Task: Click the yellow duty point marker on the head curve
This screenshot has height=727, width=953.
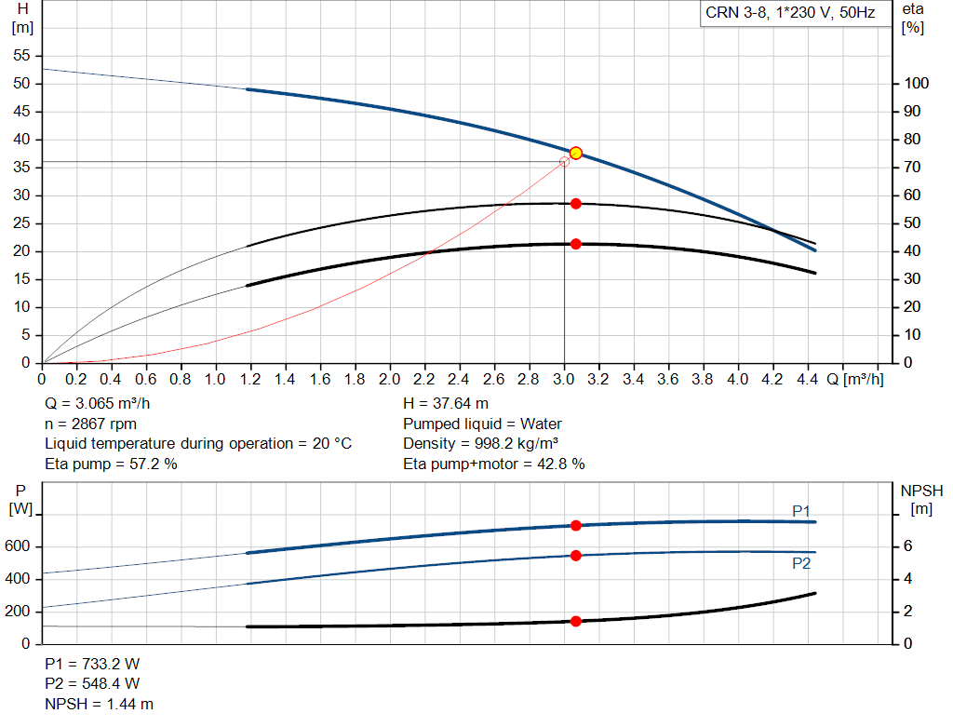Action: (575, 153)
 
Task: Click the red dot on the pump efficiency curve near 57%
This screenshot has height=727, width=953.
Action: (576, 203)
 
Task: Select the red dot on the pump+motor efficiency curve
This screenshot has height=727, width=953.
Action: (576, 244)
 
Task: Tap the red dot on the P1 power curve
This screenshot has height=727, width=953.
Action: (576, 525)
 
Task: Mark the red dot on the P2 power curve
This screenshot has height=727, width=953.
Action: (576, 556)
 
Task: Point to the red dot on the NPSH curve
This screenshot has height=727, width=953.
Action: (576, 621)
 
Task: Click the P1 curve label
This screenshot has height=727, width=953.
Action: (801, 510)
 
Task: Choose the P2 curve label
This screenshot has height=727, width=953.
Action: (801, 563)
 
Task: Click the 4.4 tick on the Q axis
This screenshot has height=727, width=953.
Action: (807, 380)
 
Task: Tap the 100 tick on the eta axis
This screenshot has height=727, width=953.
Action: (917, 84)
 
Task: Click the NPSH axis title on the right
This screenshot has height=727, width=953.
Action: (921, 490)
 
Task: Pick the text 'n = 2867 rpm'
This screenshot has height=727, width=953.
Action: (91, 424)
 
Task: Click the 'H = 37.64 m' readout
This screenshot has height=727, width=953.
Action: (446, 404)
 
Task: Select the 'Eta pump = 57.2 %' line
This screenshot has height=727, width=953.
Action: (111, 464)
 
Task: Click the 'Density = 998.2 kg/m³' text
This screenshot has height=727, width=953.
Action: (481, 443)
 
